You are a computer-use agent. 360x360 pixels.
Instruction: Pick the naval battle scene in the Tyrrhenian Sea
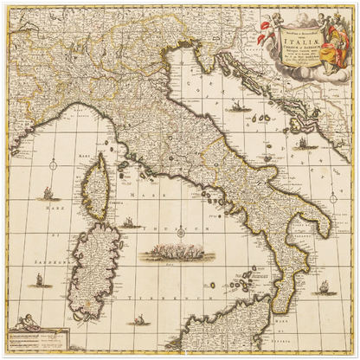pos(174,253)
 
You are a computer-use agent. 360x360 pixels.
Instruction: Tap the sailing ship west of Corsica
pos(48,195)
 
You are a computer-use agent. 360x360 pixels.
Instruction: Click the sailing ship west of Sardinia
pos(38,280)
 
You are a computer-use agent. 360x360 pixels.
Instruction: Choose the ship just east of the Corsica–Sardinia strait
pos(130,222)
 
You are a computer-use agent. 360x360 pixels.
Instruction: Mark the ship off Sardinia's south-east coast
pos(138,319)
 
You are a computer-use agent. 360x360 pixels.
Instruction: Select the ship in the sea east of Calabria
pos(325,288)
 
